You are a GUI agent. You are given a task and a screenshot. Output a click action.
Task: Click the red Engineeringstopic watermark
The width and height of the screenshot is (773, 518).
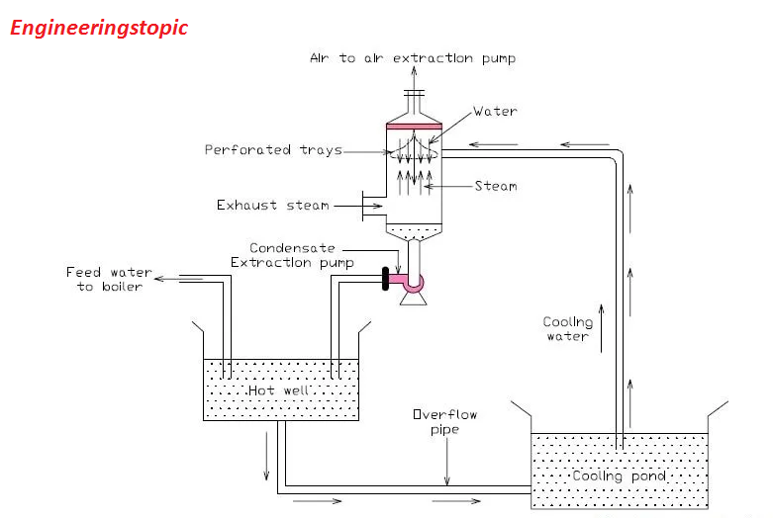click(98, 27)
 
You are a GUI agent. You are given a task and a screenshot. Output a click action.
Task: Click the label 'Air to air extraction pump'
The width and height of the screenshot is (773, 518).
click(413, 58)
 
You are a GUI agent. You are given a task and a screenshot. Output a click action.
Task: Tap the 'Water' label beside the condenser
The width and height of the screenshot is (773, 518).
click(495, 112)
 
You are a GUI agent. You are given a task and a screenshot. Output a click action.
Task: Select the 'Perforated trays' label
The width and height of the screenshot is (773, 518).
click(273, 150)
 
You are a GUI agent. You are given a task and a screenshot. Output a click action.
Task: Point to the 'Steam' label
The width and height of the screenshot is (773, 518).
click(495, 186)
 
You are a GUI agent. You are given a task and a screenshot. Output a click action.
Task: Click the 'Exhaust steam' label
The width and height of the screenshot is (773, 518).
click(272, 206)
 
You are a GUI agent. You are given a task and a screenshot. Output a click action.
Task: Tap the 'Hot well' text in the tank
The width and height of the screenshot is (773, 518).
click(274, 390)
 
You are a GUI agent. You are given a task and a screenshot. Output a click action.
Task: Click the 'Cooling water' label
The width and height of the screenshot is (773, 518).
click(568, 329)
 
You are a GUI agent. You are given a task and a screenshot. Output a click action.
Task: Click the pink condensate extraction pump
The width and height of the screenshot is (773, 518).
click(410, 283)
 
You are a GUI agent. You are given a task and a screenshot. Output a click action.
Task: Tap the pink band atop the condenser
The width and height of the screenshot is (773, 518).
click(413, 126)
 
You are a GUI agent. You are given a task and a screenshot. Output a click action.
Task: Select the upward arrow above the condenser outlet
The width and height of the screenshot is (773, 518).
click(413, 81)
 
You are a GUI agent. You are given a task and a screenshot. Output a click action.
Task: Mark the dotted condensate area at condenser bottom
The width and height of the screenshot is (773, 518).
click(413, 232)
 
